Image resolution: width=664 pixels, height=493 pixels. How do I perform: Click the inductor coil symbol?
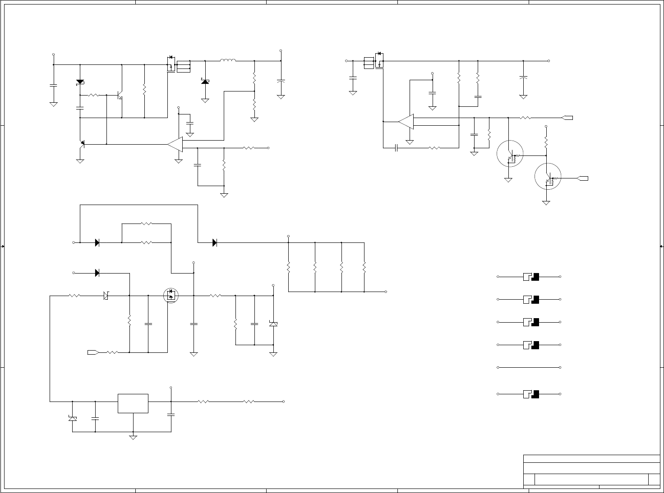click(x=228, y=60)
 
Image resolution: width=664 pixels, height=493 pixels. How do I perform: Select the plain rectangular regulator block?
click(x=133, y=403)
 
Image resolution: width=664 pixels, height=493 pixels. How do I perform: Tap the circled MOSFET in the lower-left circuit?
click(x=171, y=296)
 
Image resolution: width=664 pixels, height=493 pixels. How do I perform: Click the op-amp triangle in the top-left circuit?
click(x=175, y=144)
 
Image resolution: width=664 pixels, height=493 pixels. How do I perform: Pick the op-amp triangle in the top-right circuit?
click(x=406, y=121)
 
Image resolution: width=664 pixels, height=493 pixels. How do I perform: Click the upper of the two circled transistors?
click(x=510, y=154)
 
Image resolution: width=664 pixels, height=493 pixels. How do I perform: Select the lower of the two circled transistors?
click(x=548, y=177)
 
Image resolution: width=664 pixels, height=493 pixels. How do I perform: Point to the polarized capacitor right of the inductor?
click(x=281, y=81)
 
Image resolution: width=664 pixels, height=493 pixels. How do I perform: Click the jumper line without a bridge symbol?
click(x=529, y=367)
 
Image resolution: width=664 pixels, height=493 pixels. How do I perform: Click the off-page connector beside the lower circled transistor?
click(x=583, y=178)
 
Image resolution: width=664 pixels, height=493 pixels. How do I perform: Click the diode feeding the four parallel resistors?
click(x=215, y=242)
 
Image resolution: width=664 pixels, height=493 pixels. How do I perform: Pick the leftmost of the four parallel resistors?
click(x=288, y=267)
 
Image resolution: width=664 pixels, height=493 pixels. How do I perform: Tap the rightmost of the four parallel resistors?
click(x=364, y=267)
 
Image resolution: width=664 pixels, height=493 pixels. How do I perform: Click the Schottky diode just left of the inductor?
click(x=205, y=81)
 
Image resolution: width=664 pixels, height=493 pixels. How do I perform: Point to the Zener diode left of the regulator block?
click(x=72, y=418)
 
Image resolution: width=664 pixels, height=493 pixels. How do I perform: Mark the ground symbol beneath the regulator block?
click(x=133, y=437)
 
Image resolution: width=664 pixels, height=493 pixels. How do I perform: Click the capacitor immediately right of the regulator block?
click(x=171, y=414)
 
